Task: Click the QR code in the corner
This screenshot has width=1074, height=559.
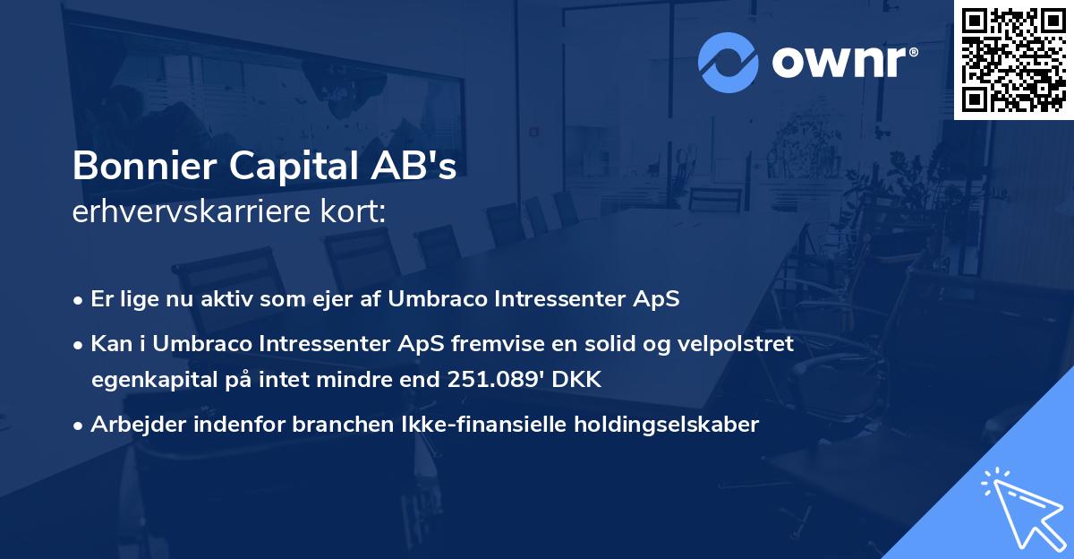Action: [1014, 59]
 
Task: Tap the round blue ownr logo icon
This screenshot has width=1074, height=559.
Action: [729, 62]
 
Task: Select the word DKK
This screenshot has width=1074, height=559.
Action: [581, 380]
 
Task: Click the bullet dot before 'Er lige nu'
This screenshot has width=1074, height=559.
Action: [79, 300]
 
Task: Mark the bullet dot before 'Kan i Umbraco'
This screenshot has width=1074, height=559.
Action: [79, 345]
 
